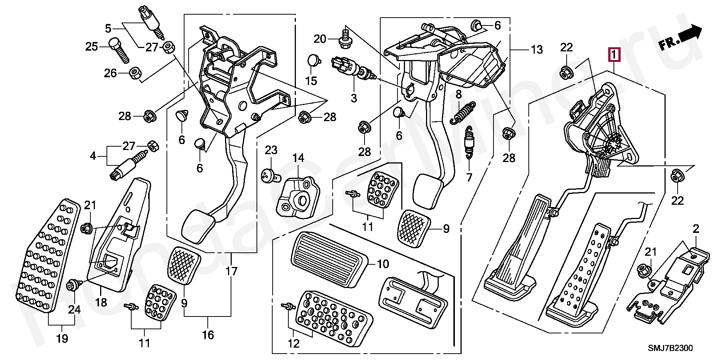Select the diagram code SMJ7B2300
(x=671, y=348)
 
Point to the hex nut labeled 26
(x=134, y=73)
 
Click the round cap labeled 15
(x=313, y=60)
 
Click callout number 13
(x=536, y=49)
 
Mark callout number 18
(x=101, y=302)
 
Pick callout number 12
(x=294, y=343)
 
